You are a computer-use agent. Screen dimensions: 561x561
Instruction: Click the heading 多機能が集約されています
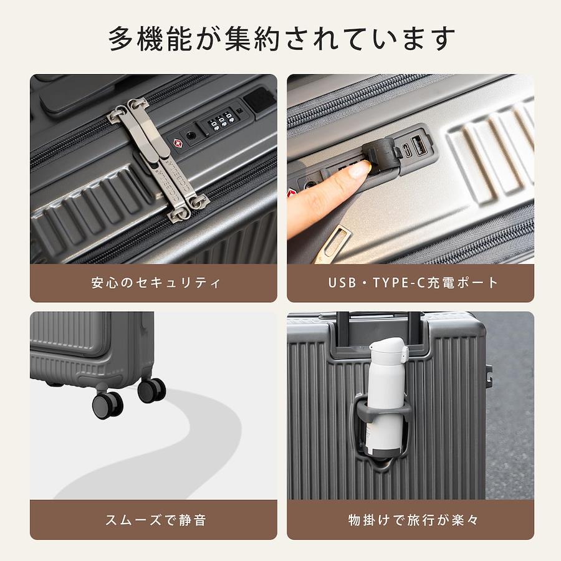tap(282, 38)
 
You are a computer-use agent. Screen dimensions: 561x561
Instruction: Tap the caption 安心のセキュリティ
tap(156, 283)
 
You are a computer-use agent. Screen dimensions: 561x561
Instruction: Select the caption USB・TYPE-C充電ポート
tap(413, 283)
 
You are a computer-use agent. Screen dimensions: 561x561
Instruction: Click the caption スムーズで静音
tap(156, 520)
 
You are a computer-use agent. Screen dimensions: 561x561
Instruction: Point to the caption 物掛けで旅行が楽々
tap(413, 520)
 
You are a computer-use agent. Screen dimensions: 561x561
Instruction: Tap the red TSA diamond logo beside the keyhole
tap(178, 143)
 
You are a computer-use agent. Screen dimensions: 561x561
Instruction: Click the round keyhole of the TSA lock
tap(190, 136)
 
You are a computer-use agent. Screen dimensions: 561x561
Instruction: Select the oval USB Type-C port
tap(406, 151)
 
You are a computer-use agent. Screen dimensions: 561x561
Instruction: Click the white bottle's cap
tap(387, 350)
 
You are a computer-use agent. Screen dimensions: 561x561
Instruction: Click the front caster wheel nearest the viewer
tap(108, 405)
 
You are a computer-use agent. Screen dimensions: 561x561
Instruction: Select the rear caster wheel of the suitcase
tap(151, 390)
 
